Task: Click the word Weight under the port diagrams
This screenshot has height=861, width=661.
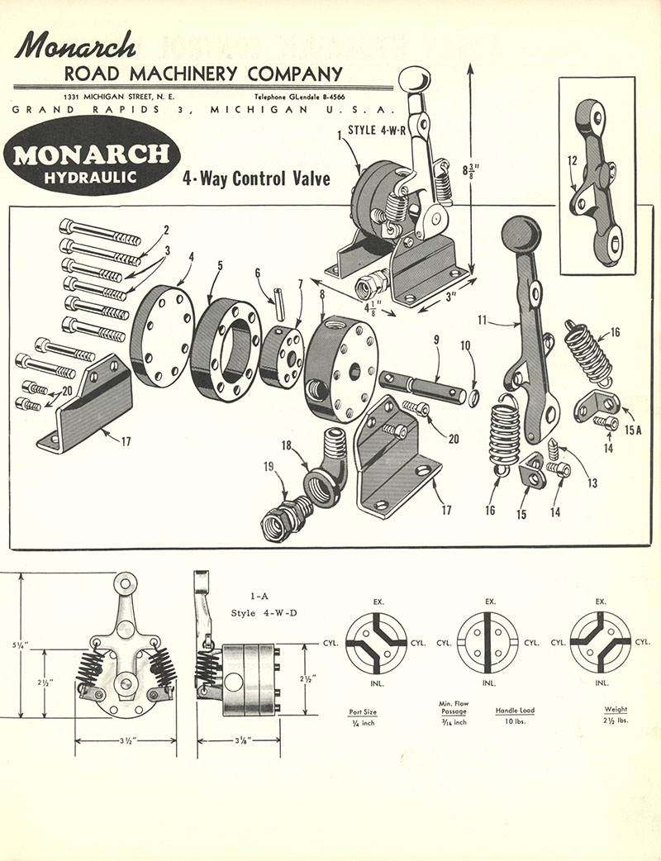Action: tap(616, 709)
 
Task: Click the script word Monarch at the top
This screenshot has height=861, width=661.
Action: tap(74, 45)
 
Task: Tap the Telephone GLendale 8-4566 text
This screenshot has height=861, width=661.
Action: tap(311, 98)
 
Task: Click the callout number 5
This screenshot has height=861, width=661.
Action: tap(220, 267)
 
